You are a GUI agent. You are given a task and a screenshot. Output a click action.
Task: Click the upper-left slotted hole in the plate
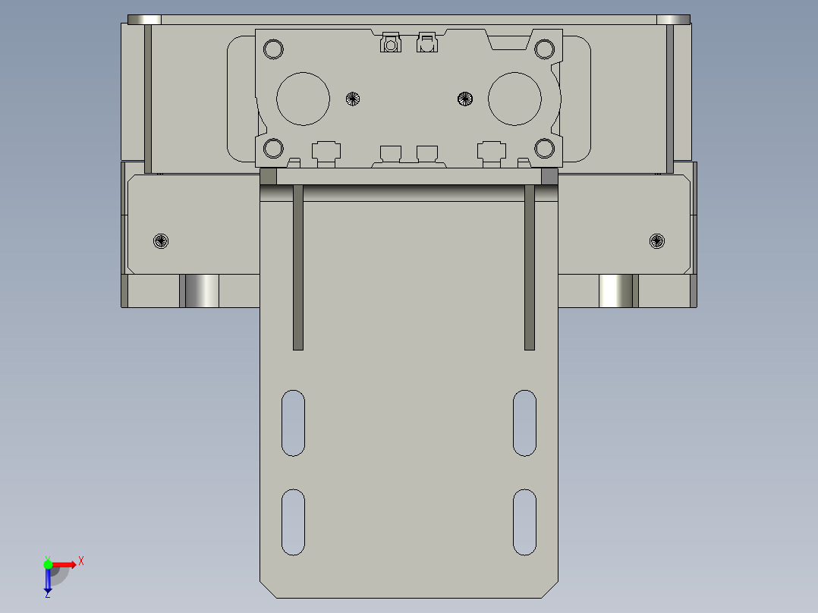pos(293,423)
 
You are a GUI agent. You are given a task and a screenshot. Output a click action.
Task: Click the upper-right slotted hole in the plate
pos(524,423)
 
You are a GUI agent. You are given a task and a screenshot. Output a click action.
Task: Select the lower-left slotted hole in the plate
pos(293,522)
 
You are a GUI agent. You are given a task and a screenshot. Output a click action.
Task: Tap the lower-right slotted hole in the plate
pos(524,522)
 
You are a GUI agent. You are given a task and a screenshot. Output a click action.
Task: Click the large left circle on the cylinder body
pos(304,99)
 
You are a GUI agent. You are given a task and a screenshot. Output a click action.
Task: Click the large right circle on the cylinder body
pos(514,99)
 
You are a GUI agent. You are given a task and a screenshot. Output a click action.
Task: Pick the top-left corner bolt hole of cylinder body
pos(272,50)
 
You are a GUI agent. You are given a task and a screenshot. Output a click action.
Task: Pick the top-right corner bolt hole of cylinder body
pos(544,50)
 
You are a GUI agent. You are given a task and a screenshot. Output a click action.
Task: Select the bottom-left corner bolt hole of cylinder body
pos(272,148)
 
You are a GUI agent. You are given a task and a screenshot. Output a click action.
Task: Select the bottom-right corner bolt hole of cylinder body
pos(544,148)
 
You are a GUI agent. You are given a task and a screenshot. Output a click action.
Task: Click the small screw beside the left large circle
pos(352,98)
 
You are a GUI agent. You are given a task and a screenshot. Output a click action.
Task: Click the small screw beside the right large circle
pos(465,98)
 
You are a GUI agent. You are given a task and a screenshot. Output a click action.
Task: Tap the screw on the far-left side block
pos(161,241)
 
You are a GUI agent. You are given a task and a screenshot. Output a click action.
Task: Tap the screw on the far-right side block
pos(657,241)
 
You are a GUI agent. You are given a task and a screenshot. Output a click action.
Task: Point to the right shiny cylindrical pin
pos(616,291)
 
